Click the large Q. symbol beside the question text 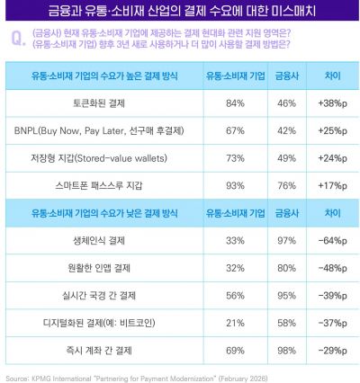[16, 39]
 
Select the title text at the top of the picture [180, 11]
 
